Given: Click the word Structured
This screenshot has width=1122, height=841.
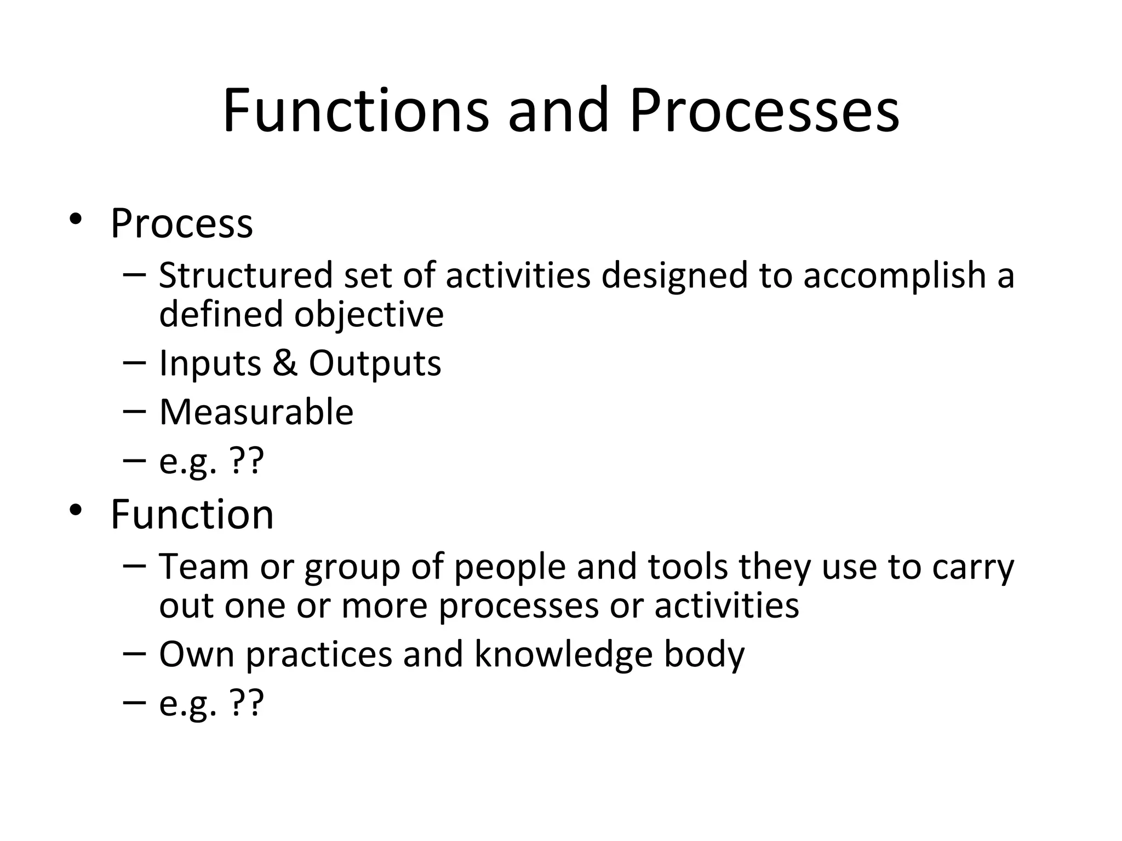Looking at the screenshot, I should pos(246,275).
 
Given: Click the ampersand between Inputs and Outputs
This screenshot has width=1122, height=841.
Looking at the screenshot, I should pos(285,363).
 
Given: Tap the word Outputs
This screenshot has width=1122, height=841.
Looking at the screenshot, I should pos(375,364).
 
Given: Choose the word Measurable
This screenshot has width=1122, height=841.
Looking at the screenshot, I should pos(256,412).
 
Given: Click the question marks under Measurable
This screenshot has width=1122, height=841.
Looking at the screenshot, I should pos(247,461).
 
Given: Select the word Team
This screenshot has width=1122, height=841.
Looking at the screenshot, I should pos(204,567).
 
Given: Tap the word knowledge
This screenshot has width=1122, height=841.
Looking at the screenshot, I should pos(563,655).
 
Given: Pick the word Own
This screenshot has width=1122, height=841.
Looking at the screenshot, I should pos(197,655).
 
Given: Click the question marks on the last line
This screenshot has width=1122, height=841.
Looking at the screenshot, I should pos(247,703).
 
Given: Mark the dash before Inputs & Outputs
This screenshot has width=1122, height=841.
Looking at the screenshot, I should pos(135,363).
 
